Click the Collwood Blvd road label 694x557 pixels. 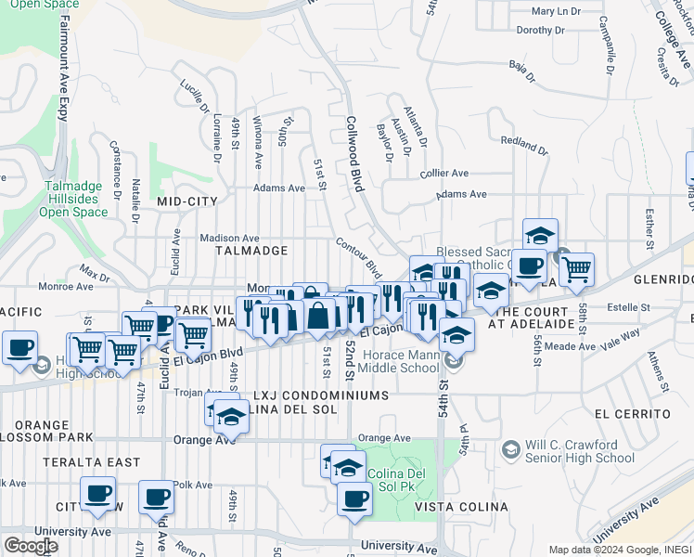point(355,153)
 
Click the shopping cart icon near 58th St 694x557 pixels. point(576,269)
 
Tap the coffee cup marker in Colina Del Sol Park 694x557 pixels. point(353,500)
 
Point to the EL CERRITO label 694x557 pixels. point(633,413)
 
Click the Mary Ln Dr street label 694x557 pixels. point(556,12)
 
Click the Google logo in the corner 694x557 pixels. point(31,545)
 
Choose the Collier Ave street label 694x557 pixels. point(444,174)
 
